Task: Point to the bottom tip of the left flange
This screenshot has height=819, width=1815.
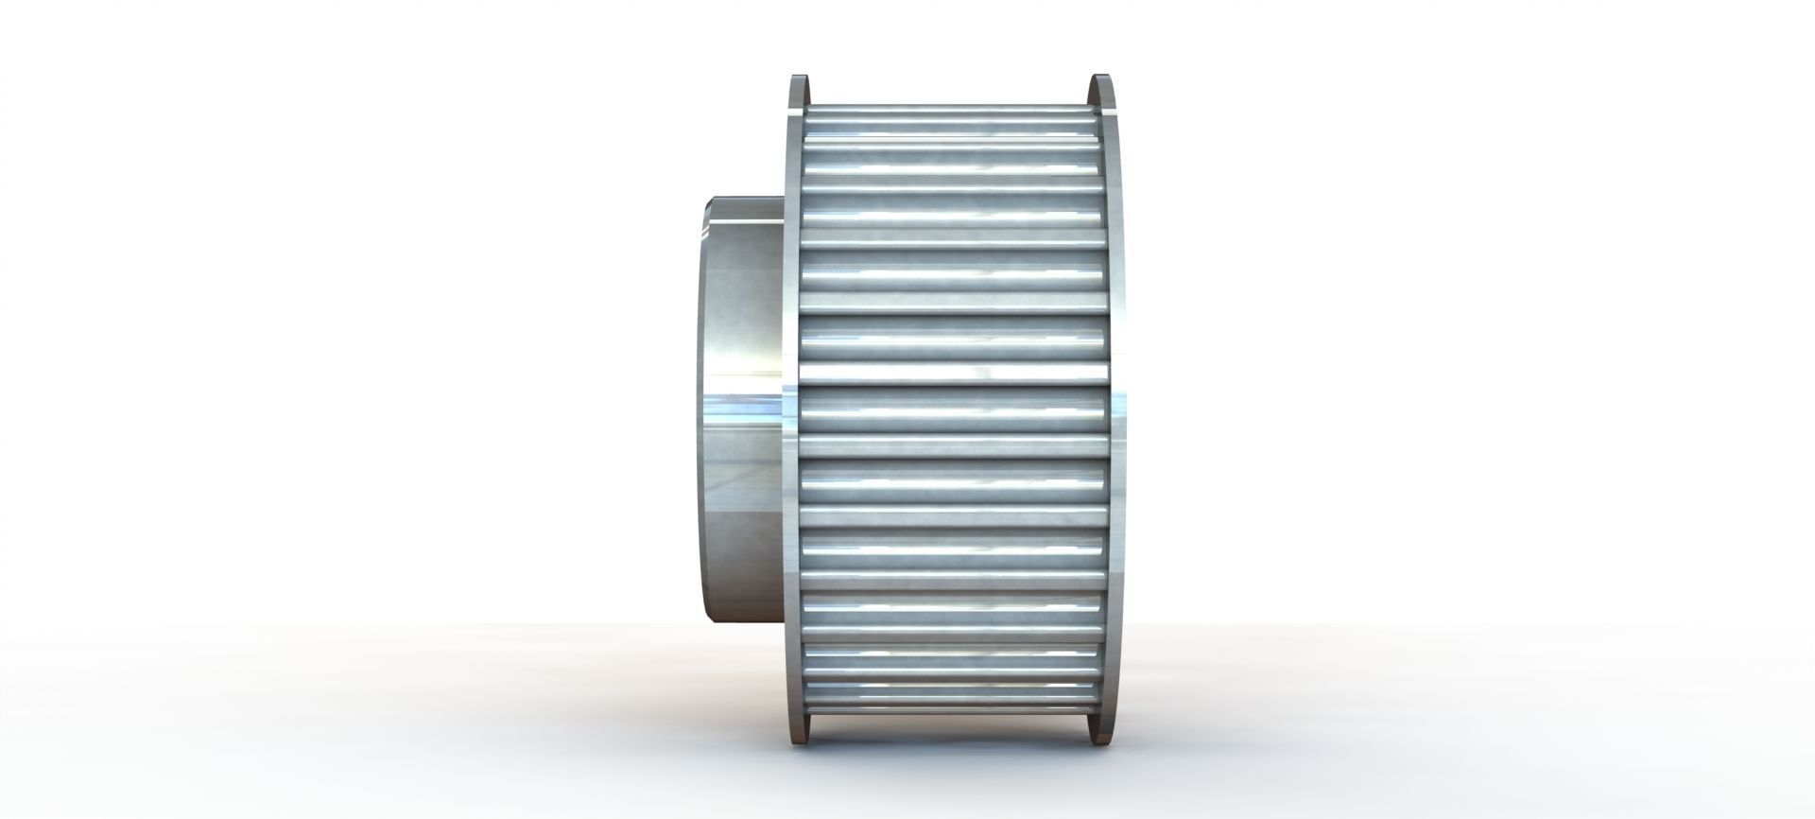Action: [x=800, y=740]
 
